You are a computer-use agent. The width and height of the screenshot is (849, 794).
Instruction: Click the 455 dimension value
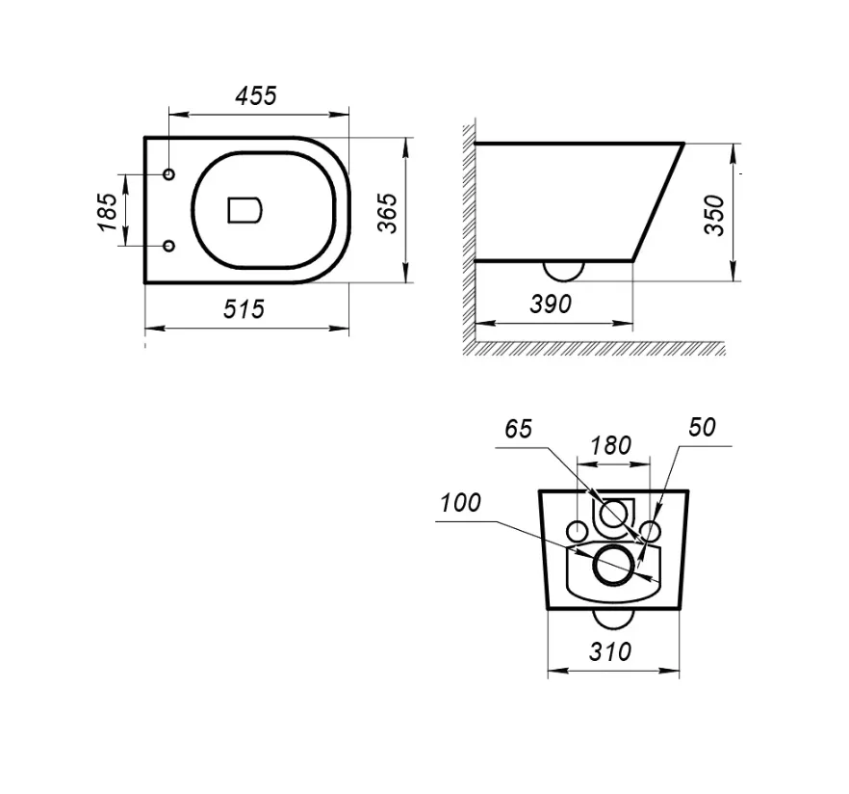[256, 95]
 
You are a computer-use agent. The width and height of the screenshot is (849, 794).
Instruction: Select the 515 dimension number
[244, 309]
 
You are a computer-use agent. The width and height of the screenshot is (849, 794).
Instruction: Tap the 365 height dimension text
[387, 213]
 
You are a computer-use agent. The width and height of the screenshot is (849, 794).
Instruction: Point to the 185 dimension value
[107, 211]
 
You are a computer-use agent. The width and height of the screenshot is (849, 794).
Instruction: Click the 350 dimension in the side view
[714, 215]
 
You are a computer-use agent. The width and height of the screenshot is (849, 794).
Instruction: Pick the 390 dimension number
[551, 304]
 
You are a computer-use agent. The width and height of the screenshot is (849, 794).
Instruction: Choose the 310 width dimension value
[610, 651]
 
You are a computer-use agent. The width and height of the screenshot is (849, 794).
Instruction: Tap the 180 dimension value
[610, 445]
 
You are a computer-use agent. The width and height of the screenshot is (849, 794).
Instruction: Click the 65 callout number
[518, 429]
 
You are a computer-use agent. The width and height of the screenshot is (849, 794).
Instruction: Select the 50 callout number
[703, 427]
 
